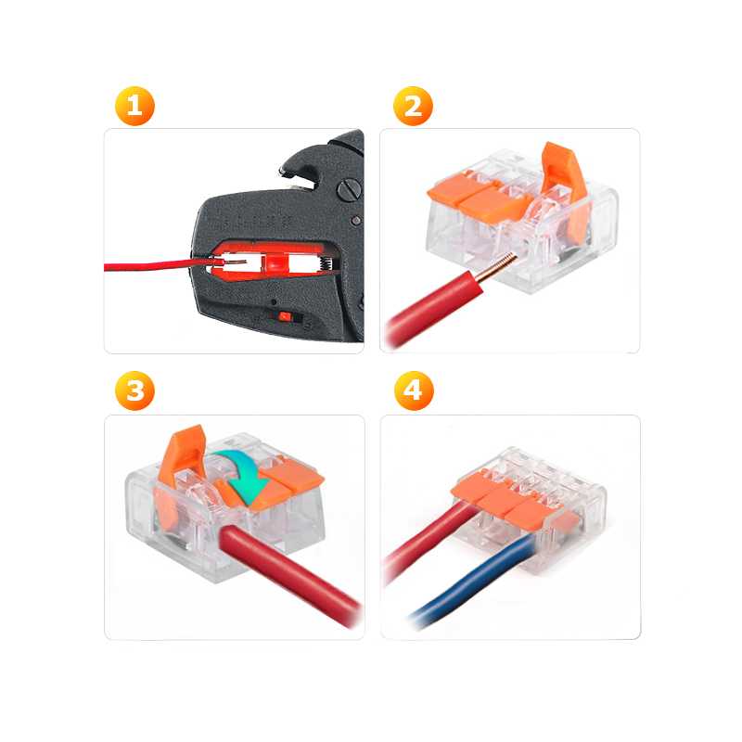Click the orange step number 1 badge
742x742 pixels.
[x=134, y=106]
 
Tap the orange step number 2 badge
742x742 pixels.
[x=413, y=106]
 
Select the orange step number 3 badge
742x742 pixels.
[x=134, y=390]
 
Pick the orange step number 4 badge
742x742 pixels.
[x=414, y=390]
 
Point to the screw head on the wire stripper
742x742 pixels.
[x=350, y=191]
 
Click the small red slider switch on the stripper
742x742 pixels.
[x=285, y=316]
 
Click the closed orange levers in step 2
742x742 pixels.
[x=478, y=197]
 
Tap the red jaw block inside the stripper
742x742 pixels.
[x=275, y=263]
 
